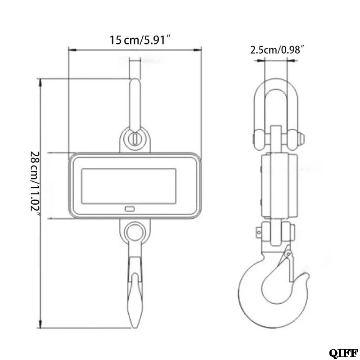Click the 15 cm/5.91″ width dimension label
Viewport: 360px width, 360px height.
pos(140,40)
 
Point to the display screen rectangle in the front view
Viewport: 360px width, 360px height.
pos(129,186)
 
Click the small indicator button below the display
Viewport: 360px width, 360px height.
pos(130,209)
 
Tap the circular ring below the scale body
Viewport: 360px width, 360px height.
pos(135,231)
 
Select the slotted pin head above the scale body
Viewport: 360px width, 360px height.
pos(135,139)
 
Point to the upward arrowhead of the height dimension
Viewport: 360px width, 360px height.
pos(40,82)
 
